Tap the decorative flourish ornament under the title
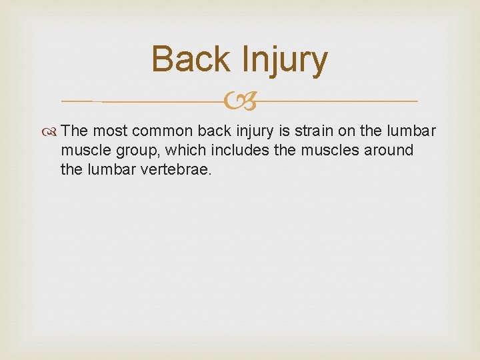click(239, 101)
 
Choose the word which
click(177, 150)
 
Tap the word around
click(388, 150)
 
